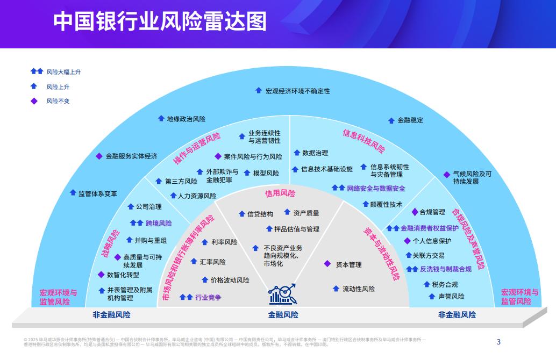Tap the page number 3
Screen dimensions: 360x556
click(x=498, y=341)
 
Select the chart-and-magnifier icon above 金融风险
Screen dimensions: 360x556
click(x=283, y=294)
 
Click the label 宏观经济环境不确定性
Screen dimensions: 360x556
click(x=298, y=91)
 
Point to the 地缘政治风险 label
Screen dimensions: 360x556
click(x=186, y=119)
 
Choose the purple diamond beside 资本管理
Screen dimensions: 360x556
click(x=327, y=264)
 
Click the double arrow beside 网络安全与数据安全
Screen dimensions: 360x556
click(x=338, y=188)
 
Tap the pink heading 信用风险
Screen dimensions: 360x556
click(x=280, y=193)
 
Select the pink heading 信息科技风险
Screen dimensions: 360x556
click(x=364, y=141)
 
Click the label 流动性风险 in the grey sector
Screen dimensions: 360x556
click(x=359, y=289)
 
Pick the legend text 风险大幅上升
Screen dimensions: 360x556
click(x=63, y=71)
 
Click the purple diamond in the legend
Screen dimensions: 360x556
click(x=34, y=100)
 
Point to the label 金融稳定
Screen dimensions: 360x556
click(x=410, y=120)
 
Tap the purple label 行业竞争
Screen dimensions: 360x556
click(x=208, y=297)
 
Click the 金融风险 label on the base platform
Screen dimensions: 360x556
click(x=283, y=315)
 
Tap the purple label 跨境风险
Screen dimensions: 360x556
click(x=159, y=223)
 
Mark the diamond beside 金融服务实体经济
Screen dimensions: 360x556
click(x=99, y=156)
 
